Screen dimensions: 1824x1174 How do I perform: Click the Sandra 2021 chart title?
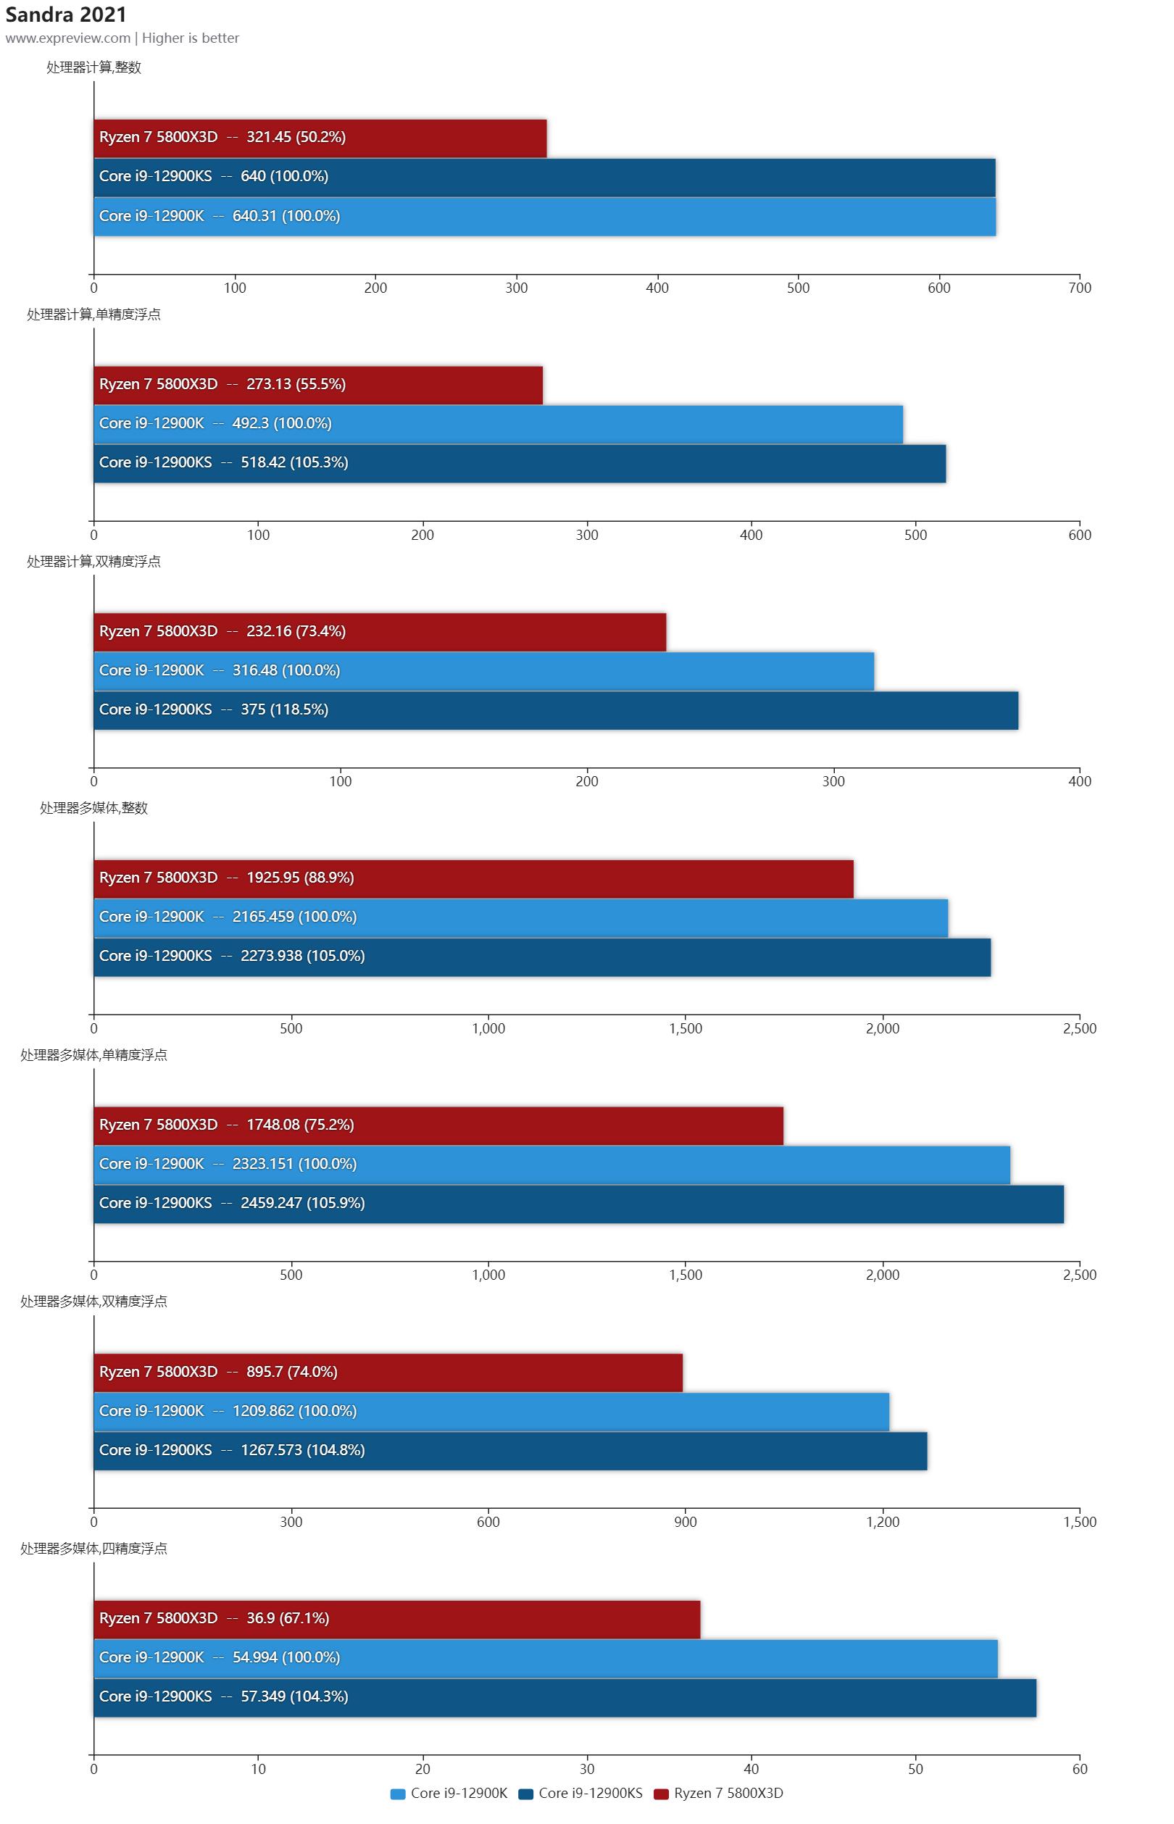coord(65,14)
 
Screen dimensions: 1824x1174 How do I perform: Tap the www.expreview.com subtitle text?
coord(68,38)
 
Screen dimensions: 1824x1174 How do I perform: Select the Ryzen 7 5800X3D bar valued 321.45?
coord(320,138)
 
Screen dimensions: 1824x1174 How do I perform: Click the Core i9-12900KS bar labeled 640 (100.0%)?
coord(544,177)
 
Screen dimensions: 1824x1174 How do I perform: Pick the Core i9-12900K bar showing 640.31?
coord(544,217)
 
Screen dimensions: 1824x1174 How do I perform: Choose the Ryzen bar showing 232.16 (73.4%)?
coord(380,632)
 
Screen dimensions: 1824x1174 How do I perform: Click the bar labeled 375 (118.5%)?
coord(556,710)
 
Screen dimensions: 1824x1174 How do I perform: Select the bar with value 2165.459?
coord(520,917)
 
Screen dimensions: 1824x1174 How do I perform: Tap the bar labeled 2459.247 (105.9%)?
coord(578,1204)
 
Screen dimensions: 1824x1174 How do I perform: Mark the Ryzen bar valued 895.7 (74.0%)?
coord(388,1373)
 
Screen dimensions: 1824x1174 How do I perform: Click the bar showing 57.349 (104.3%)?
coord(565,1697)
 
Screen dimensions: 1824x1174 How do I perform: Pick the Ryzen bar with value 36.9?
coord(396,1619)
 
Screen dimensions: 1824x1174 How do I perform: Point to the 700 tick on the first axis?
coord(1080,288)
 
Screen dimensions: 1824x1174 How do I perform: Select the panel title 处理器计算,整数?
coord(93,68)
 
